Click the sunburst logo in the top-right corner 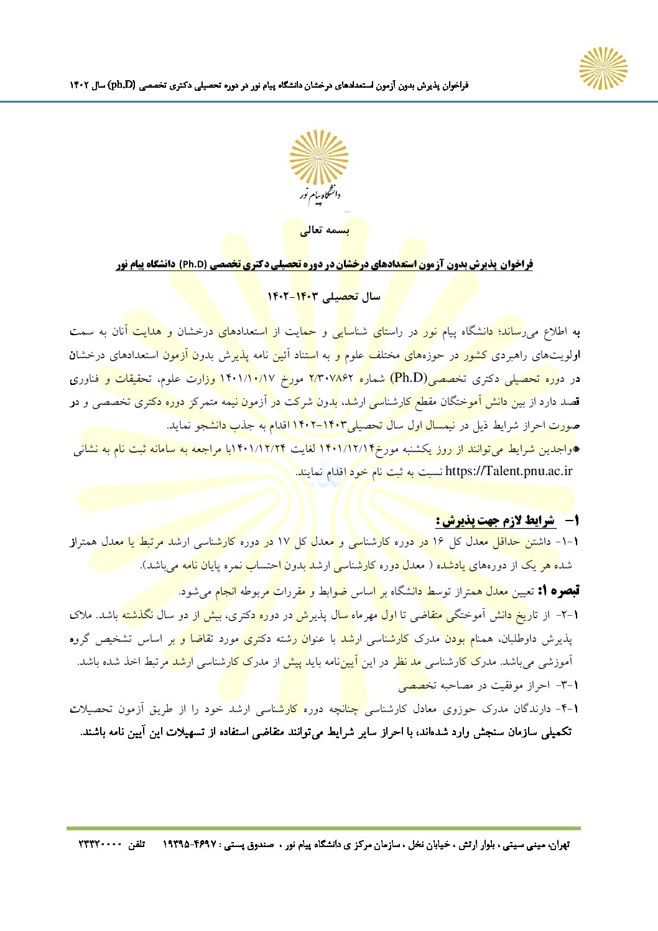603,68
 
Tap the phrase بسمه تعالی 325,231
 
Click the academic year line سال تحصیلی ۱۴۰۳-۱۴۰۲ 324,297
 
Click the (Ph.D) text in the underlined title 194,264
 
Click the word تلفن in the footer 136,845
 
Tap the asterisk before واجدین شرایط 576,448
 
